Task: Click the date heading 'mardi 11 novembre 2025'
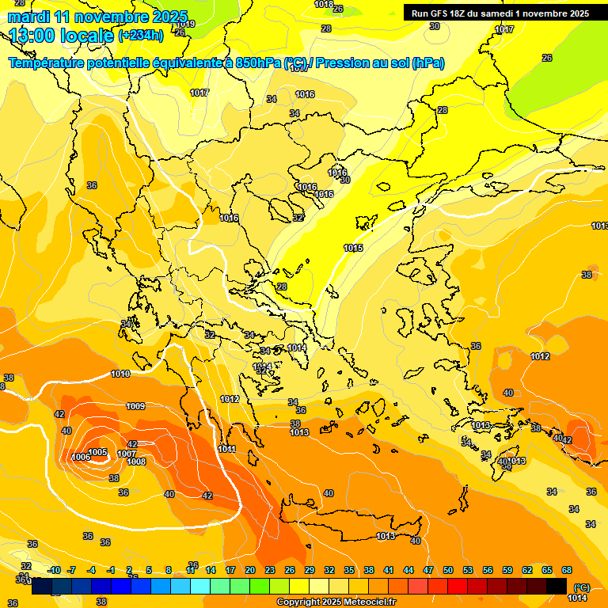click(97, 17)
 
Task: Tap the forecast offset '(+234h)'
click(141, 35)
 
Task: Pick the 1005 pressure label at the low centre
click(98, 452)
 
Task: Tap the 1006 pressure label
click(80, 458)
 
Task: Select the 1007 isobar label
click(127, 454)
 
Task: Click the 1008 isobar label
click(136, 462)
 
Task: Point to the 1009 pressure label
click(135, 406)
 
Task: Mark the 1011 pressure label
click(227, 449)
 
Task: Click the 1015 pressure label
click(353, 249)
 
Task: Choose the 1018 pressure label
click(324, 5)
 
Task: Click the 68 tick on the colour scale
click(567, 570)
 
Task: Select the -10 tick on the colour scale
click(54, 570)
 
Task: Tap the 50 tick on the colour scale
click(448, 570)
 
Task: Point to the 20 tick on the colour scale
click(250, 570)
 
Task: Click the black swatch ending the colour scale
click(557, 586)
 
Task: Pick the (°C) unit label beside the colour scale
click(581, 587)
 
